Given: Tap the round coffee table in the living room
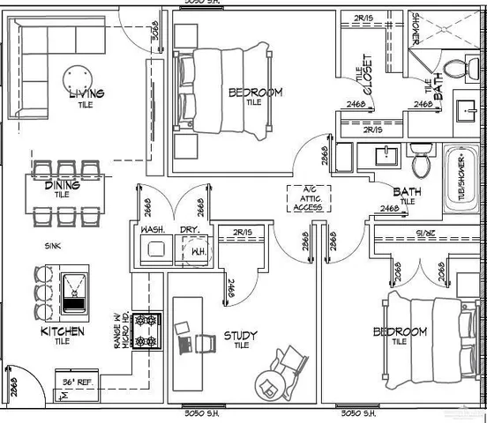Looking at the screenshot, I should click(80, 78).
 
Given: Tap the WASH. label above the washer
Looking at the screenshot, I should click(154, 230).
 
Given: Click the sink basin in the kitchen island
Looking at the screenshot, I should click(74, 286).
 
